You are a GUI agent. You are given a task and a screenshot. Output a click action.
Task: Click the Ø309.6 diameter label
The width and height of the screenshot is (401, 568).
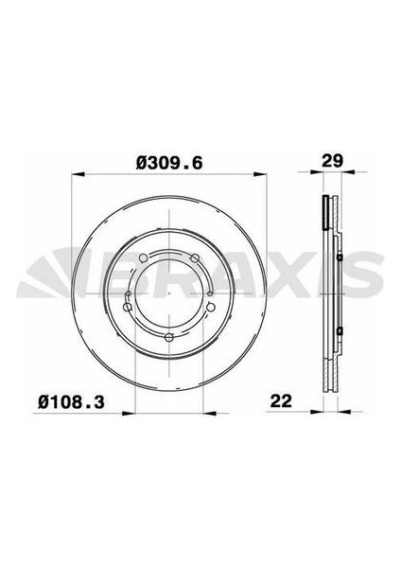(x=169, y=162)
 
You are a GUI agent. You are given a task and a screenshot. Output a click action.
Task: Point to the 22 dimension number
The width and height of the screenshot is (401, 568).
(x=280, y=401)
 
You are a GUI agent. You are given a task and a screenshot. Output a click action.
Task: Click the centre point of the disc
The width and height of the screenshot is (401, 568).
(x=169, y=293)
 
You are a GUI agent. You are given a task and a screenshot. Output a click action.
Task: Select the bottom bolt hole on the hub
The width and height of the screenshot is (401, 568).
(x=169, y=338)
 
